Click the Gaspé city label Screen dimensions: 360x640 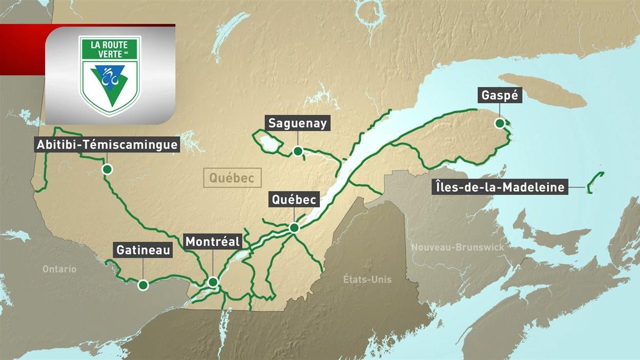click(x=500, y=95)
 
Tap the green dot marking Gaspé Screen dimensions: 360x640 click(x=500, y=123)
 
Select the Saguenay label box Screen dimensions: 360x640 click(x=297, y=123)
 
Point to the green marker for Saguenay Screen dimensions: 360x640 click(x=297, y=151)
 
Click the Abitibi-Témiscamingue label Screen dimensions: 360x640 click(x=107, y=145)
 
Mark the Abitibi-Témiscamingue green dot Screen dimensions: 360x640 click(x=107, y=169)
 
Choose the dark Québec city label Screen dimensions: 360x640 click(x=294, y=200)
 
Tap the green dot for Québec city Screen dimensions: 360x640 click(x=294, y=227)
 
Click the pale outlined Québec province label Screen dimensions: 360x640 click(x=232, y=178)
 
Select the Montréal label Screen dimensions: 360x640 click(x=213, y=242)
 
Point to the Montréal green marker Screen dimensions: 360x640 click(x=213, y=282)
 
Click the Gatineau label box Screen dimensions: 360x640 click(x=143, y=250)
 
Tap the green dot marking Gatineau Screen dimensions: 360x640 click(x=143, y=285)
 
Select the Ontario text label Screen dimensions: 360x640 click(x=59, y=269)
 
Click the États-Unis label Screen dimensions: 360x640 click(x=367, y=279)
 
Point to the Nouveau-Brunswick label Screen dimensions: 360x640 click(x=458, y=247)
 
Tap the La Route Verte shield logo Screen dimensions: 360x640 click(x=110, y=74)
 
